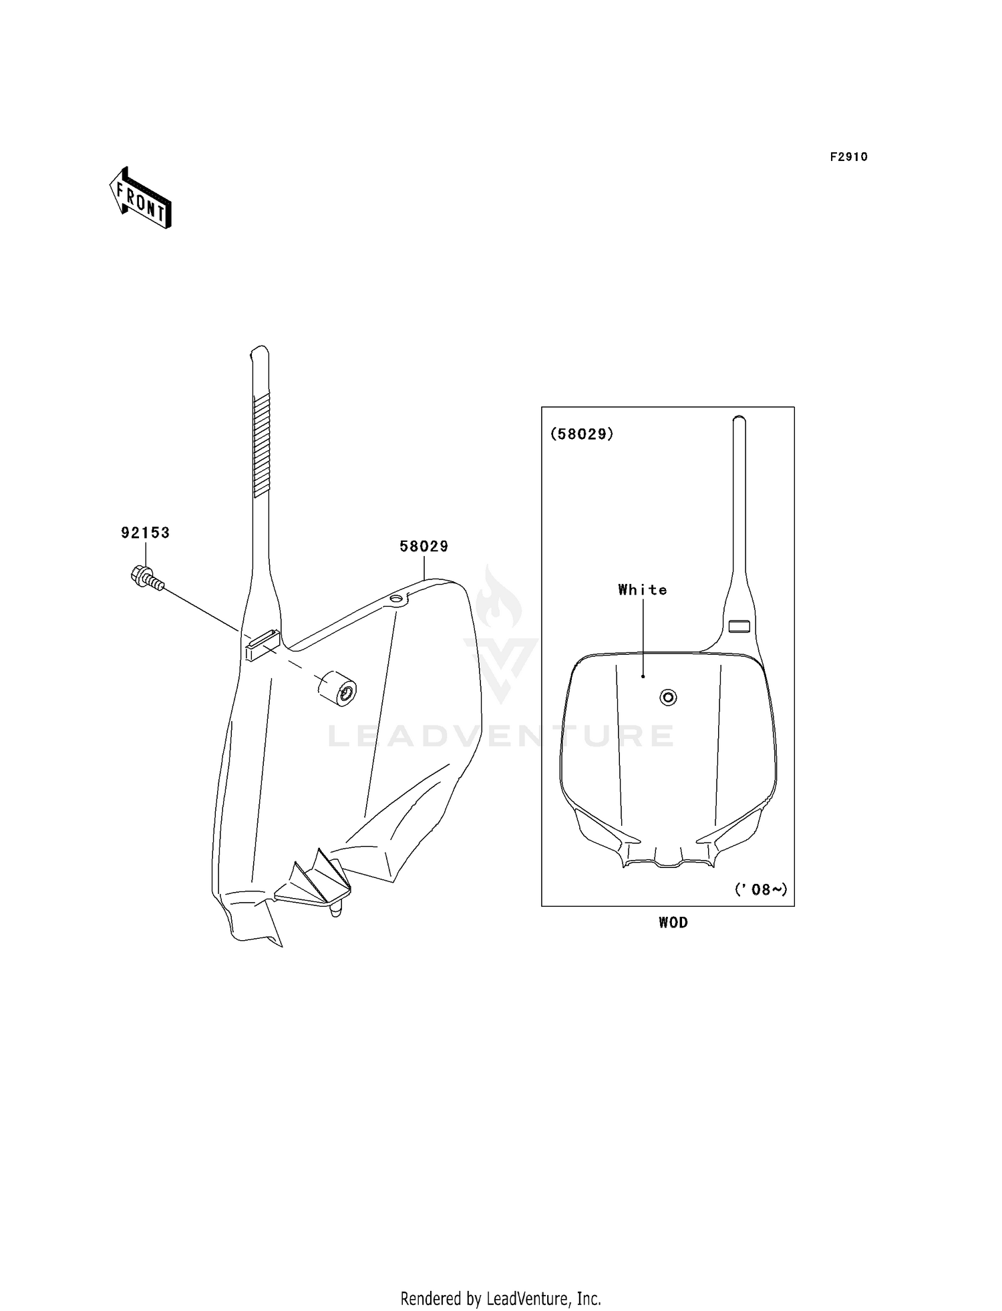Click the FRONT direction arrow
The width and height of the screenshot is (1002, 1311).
140,198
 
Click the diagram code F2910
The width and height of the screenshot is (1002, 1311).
849,157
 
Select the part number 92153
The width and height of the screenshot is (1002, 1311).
146,533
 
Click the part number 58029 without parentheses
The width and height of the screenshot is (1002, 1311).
424,546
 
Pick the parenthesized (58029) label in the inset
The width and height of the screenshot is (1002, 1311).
582,434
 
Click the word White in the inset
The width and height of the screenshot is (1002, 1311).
643,589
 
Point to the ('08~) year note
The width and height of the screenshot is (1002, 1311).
761,889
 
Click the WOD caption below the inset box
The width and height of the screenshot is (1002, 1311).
673,922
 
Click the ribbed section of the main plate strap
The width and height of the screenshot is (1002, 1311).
262,445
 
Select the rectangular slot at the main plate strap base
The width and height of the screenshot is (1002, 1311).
262,645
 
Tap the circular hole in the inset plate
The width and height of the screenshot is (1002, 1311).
668,698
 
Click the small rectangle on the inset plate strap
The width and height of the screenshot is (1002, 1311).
739,626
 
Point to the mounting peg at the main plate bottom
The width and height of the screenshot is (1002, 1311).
336,909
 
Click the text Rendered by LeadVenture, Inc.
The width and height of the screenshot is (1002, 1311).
501,1298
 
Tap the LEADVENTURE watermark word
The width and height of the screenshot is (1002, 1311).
501,736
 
